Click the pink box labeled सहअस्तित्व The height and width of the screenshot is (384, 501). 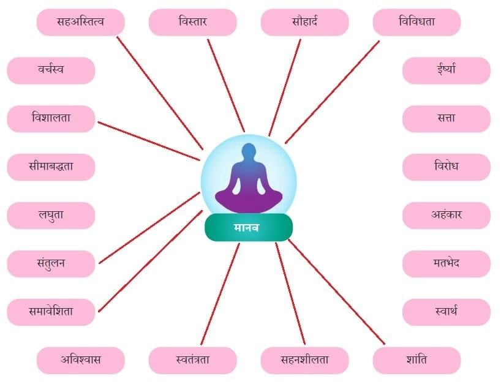click(x=80, y=22)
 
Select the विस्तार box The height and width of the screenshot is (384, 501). click(x=192, y=22)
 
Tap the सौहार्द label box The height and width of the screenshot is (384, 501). click(x=304, y=22)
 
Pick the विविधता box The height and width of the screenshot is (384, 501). click(x=416, y=22)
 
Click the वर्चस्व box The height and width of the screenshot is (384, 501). click(x=51, y=70)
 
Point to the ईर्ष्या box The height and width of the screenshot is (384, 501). click(x=446, y=70)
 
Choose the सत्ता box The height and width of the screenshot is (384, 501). click(x=446, y=118)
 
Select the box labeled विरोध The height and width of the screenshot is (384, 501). click(x=446, y=167)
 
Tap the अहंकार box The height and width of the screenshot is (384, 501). click(x=446, y=215)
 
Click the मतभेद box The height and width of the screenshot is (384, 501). click(x=446, y=263)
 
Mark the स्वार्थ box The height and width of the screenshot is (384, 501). click(x=446, y=312)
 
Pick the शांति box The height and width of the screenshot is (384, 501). click(x=416, y=360)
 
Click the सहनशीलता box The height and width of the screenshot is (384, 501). click(x=304, y=360)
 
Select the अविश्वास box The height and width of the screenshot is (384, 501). click(x=80, y=360)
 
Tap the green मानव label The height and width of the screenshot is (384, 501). click(x=248, y=228)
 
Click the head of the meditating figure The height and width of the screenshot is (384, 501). click(x=249, y=152)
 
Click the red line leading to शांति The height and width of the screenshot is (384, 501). click(x=336, y=291)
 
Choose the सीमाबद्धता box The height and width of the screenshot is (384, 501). click(x=51, y=167)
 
